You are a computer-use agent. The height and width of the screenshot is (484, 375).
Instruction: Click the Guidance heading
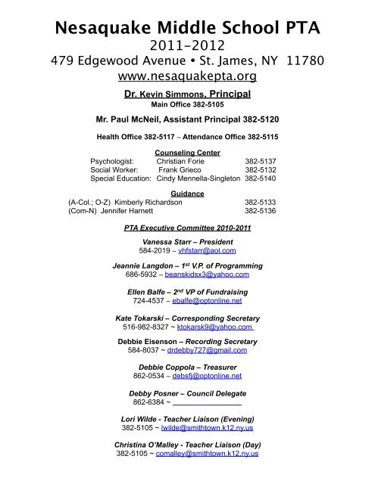(187, 194)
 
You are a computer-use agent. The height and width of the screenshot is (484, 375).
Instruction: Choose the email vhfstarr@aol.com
(207, 250)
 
